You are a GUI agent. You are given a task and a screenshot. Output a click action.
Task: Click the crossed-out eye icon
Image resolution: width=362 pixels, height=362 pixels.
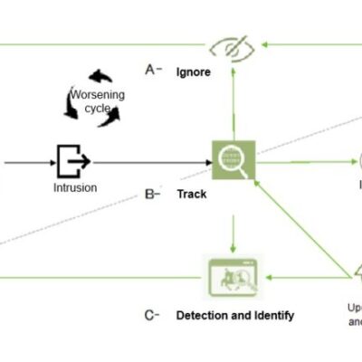coord(233,46)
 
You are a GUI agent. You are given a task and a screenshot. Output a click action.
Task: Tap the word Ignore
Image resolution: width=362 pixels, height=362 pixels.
coord(194,71)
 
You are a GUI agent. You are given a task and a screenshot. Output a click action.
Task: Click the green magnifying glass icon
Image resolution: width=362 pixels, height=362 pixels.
coord(233,162)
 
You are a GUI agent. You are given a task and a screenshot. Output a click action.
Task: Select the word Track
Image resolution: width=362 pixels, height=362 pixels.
coord(191,194)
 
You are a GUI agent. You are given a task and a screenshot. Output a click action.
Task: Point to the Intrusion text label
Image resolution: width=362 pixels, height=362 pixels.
coord(74,188)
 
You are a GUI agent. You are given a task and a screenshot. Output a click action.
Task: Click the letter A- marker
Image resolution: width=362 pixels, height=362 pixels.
coord(153,70)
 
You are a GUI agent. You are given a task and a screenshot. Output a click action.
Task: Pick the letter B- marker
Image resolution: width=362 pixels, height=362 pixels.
coord(153,194)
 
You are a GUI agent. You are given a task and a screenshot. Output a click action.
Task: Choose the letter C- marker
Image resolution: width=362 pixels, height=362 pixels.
coord(153,315)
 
